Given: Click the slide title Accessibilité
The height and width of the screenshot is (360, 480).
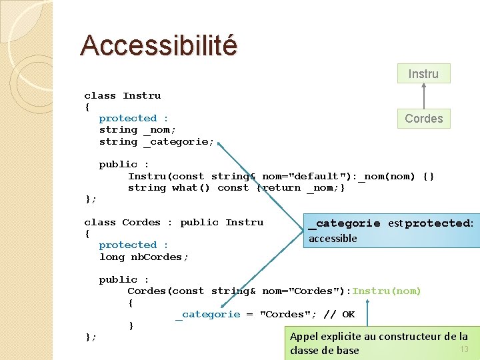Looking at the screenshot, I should pyautogui.click(x=159, y=45).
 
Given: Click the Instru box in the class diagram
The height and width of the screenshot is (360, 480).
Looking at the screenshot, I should pyautogui.click(x=423, y=73).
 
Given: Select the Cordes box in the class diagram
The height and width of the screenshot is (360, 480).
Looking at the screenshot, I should pyautogui.click(x=423, y=119).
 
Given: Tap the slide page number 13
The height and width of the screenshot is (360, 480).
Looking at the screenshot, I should pyautogui.click(x=464, y=349).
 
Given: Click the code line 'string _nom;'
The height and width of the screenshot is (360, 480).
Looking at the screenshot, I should pyautogui.click(x=137, y=130).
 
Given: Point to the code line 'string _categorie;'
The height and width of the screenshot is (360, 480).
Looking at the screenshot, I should pyautogui.click(x=157, y=142).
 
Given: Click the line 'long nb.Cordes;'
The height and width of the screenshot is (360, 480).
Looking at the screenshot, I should pyautogui.click(x=144, y=257).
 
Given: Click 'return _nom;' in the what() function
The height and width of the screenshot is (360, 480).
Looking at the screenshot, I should pyautogui.click(x=304, y=188).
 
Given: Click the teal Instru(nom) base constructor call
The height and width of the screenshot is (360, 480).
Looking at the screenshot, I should pyautogui.click(x=387, y=291).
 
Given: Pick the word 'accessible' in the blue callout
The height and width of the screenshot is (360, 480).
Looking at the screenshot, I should pyautogui.click(x=333, y=239).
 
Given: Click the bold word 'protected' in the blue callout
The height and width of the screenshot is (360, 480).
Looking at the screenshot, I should pyautogui.click(x=437, y=223).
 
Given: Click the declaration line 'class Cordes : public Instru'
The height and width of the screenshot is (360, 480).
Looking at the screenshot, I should pyautogui.click(x=173, y=223).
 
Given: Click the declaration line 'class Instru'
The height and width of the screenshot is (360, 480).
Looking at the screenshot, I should pyautogui.click(x=122, y=96).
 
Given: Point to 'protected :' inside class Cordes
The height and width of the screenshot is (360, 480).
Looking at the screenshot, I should pyautogui.click(x=133, y=245).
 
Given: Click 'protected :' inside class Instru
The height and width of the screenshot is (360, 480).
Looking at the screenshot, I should pyautogui.click(x=133, y=119).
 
